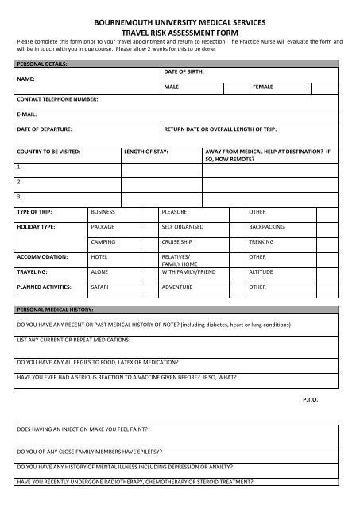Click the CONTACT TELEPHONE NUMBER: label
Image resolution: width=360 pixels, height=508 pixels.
pos(58,100)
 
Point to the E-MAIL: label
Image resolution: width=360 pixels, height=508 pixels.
pos(28,114)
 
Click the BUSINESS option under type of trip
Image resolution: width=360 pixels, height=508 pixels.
pos(104,212)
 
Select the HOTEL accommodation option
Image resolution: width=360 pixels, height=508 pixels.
pos(100,256)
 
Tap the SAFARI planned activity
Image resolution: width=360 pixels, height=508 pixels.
pos(101,286)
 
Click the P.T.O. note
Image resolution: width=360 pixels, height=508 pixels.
pos(310,398)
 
